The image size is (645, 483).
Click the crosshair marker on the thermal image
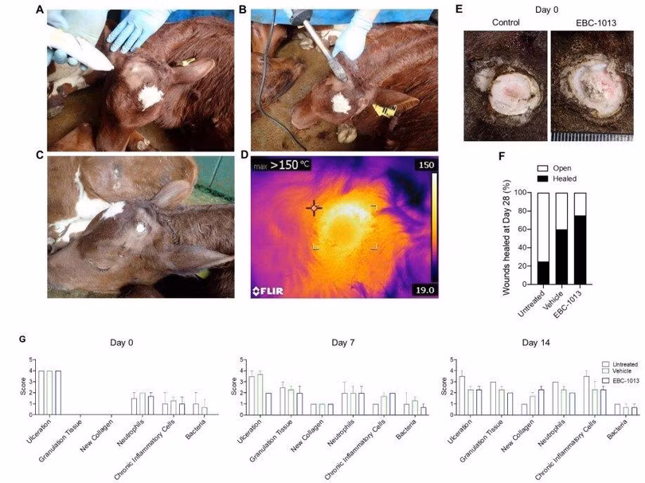[x=315, y=207]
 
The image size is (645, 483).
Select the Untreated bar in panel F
[x=544, y=239]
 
